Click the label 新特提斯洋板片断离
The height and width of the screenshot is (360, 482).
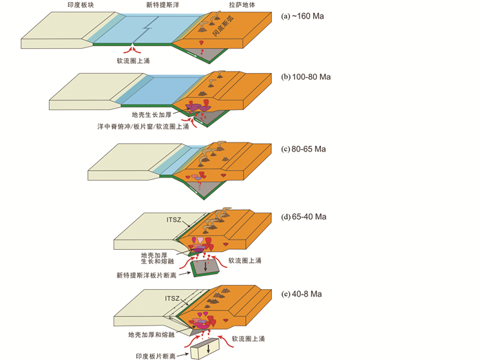pyautogui.click(x=149, y=275)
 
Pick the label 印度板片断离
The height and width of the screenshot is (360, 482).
pyautogui.click(x=154, y=356)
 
